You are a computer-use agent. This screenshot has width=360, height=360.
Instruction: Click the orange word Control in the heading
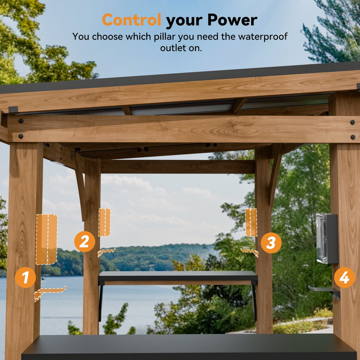[131, 20]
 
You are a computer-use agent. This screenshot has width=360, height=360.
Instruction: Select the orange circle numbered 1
[25, 277]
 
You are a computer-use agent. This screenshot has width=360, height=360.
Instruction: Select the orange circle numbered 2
[84, 242]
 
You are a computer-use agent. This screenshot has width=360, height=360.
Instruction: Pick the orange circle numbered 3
[271, 243]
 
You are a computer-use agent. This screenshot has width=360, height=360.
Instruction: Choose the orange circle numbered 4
[344, 277]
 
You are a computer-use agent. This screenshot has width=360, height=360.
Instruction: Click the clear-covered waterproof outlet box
[327, 239]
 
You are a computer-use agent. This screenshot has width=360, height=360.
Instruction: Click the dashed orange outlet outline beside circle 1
[46, 239]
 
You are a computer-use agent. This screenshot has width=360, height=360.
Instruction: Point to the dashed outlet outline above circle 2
[104, 222]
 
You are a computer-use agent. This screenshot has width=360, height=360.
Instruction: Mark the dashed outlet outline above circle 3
[251, 222]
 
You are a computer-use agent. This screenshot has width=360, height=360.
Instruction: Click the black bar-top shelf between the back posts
[178, 276]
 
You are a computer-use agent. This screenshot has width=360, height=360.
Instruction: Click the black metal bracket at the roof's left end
[13, 109]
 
